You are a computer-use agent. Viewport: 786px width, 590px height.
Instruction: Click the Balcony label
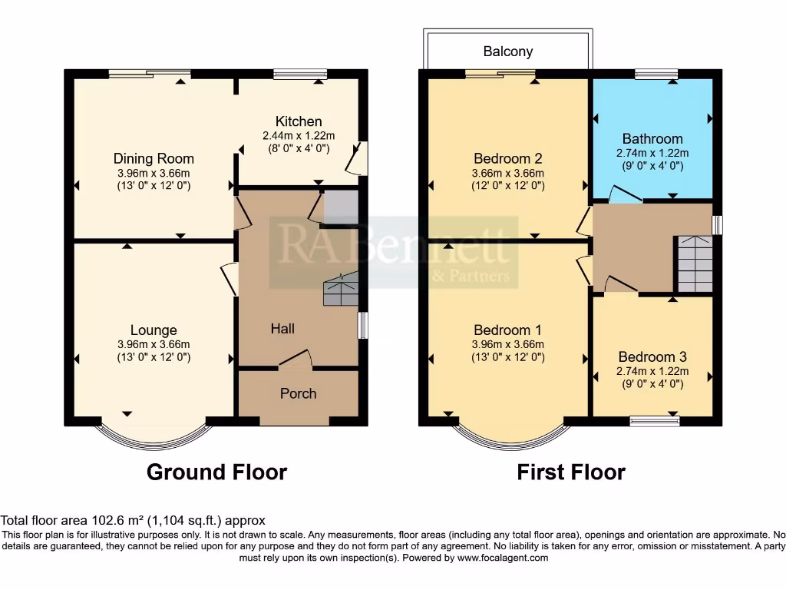tap(507, 51)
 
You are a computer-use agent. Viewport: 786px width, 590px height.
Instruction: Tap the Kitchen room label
tap(299, 121)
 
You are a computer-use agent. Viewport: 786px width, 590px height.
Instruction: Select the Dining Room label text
tap(154, 158)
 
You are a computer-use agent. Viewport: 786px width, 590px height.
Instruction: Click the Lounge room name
tap(154, 331)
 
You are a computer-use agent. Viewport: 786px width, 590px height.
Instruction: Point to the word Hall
tap(282, 329)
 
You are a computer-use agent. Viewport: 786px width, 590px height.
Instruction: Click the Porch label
tap(298, 393)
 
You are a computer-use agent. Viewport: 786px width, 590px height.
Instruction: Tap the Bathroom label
tap(652, 139)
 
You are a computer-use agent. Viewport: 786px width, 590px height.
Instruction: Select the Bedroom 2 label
tap(507, 158)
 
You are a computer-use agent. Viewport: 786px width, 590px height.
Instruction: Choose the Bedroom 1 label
tap(507, 331)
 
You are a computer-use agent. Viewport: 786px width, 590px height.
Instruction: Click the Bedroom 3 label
tap(652, 357)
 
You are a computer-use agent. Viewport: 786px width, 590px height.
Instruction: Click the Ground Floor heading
tap(216, 472)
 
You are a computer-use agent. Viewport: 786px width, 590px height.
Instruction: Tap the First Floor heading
tap(571, 472)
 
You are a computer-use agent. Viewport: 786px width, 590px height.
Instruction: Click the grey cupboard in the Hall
tap(340, 208)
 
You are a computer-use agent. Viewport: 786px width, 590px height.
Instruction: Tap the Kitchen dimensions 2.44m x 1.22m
tap(299, 136)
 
